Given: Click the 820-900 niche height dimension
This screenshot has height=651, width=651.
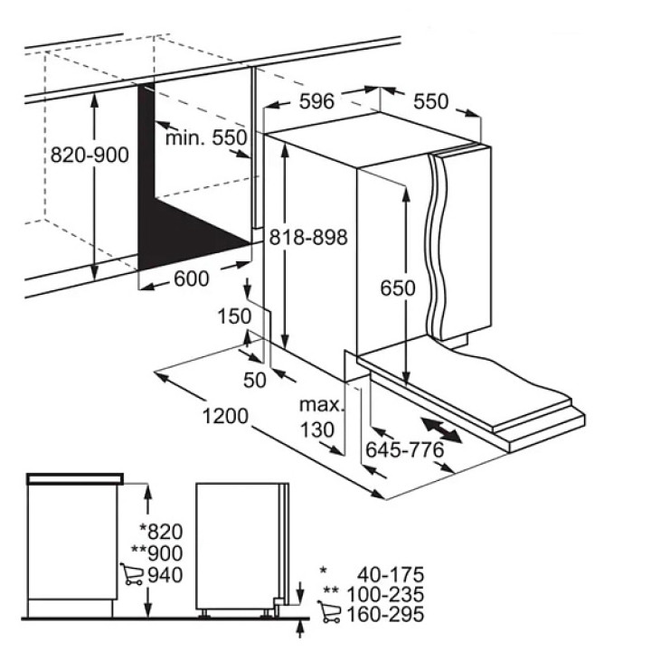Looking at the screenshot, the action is tap(90, 156).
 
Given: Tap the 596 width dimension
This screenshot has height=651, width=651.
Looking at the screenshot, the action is tap(316, 101).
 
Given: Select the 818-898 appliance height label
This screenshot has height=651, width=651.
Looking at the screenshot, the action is tap(308, 238).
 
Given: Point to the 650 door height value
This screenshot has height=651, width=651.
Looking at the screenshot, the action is tap(398, 288).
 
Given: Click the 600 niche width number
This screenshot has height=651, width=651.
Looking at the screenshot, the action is tap(192, 278).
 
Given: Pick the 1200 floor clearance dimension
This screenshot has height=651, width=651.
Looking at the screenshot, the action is tap(225, 416).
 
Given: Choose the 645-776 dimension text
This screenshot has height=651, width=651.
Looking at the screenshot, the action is tap(405, 449).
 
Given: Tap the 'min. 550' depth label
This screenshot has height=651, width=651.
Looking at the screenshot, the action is tap(206, 137).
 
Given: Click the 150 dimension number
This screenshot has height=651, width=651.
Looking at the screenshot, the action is tap(234, 316).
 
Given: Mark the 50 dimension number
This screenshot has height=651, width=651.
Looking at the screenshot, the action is tap(254, 380).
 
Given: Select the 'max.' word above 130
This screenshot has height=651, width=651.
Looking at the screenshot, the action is tap(322, 405).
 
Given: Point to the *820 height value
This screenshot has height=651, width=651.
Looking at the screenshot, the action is tap(161, 532).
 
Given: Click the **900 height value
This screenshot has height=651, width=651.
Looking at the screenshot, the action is tap(157, 553).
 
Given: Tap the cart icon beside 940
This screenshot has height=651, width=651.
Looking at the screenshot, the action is tap(132, 574).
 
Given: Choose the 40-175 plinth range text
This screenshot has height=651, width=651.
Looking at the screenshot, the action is tap(391, 575).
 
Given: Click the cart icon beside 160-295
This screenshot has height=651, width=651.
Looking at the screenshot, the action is tap(329, 611).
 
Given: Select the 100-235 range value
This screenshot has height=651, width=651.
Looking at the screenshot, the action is tap(385, 595).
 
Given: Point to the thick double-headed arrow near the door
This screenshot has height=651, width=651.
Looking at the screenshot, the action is tap(441, 430).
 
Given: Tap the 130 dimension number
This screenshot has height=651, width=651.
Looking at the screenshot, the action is tap(317, 430).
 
